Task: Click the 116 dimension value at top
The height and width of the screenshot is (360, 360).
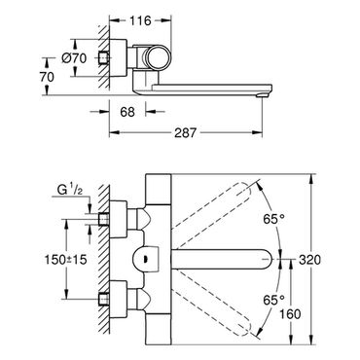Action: (140, 20)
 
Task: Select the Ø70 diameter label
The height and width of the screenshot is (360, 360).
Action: (74, 58)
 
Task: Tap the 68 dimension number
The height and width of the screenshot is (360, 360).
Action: (127, 112)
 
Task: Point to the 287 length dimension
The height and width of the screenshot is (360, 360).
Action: (186, 132)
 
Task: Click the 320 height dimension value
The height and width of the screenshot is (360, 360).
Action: (309, 260)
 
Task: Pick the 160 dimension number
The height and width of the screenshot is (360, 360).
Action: (290, 314)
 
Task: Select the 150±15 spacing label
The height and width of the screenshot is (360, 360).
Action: (66, 259)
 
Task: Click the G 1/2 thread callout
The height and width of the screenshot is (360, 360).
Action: (69, 190)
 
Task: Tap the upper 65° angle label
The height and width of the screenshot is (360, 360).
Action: (273, 219)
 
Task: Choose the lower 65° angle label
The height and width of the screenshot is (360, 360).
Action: (273, 300)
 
